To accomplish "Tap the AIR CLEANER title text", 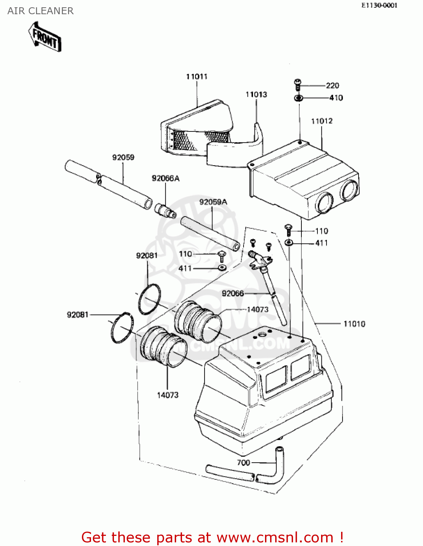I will (40, 11).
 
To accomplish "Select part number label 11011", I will (197, 76).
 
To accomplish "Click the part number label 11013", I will (256, 95).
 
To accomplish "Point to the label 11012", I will (322, 121).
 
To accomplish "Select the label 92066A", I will (166, 178).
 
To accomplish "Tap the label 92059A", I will (213, 202).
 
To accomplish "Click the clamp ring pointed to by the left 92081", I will (122, 328).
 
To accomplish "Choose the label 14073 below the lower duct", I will (168, 395).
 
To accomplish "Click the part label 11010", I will (354, 324).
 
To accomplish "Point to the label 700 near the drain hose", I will (243, 463).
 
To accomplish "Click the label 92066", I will (233, 293).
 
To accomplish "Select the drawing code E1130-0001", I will (379, 5).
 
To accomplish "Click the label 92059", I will (123, 157).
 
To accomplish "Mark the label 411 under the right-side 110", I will (321, 243).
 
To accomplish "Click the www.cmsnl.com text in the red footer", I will (275, 537).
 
